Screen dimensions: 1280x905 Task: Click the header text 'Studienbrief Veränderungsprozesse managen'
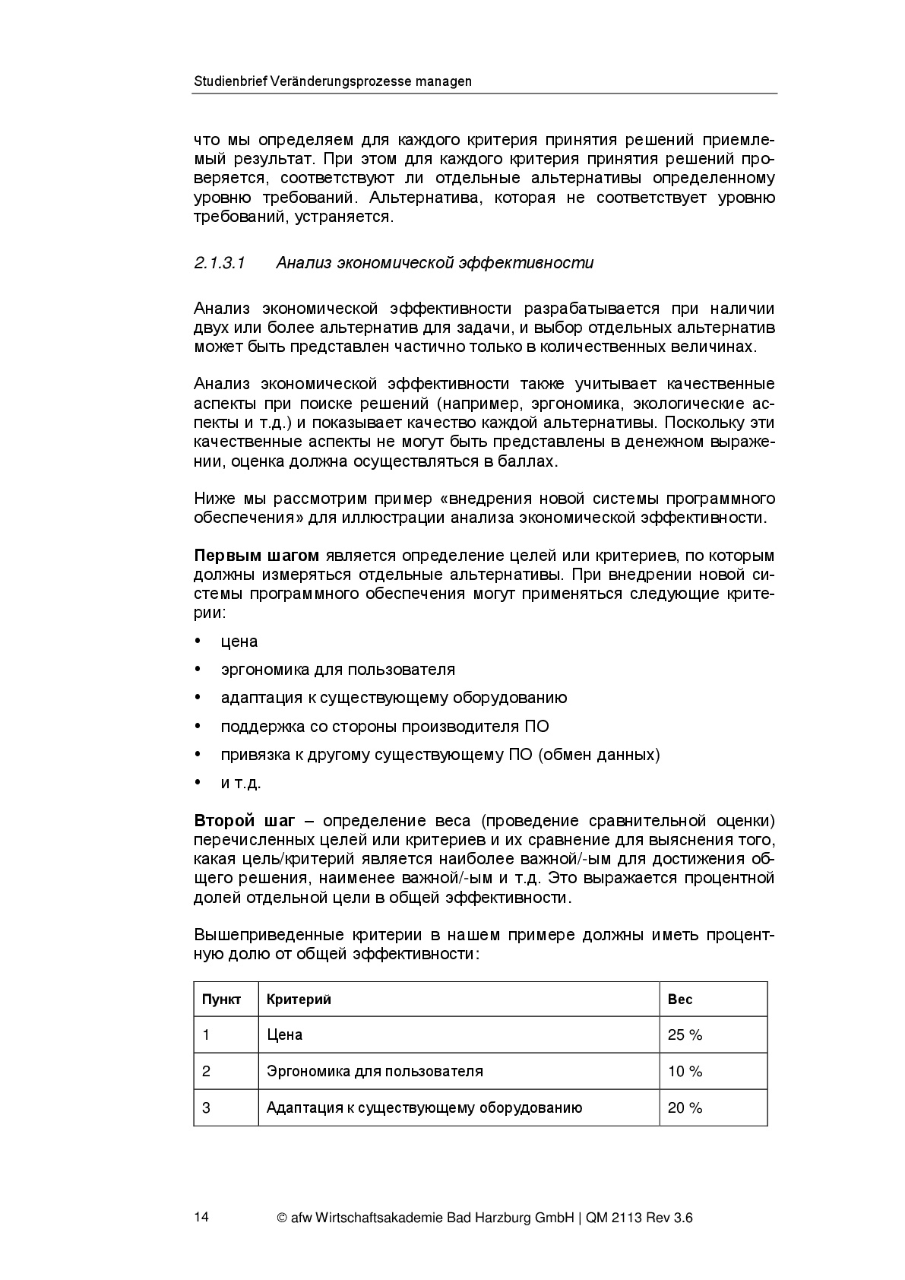pos(332,81)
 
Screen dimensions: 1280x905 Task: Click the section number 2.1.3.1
pos(220,263)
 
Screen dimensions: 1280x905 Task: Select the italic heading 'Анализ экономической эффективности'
pos(435,263)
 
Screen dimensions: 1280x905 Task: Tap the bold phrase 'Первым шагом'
pos(256,556)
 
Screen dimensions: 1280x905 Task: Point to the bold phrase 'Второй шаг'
pos(244,821)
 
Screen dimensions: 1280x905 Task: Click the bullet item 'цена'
pos(239,642)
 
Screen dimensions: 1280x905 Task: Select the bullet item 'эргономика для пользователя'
pos(337,670)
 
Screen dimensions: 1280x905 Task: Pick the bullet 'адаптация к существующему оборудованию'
pos(394,698)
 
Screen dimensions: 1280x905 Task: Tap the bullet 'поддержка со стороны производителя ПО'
pos(384,727)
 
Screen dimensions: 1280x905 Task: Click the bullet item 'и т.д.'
pos(241,784)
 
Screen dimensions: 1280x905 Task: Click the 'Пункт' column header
pos(221,1000)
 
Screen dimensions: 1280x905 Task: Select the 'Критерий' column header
pos(299,1000)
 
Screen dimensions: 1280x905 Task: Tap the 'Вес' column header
pos(680,1000)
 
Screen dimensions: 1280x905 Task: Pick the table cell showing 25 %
pos(685,1034)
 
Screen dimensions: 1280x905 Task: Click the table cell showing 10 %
pos(685,1071)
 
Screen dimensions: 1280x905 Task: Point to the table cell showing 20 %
pos(685,1107)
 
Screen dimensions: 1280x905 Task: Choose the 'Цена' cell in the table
pos(284,1034)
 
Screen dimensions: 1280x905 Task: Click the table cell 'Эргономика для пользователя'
pos(375,1071)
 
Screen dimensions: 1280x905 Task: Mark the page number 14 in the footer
pos(201,1217)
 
